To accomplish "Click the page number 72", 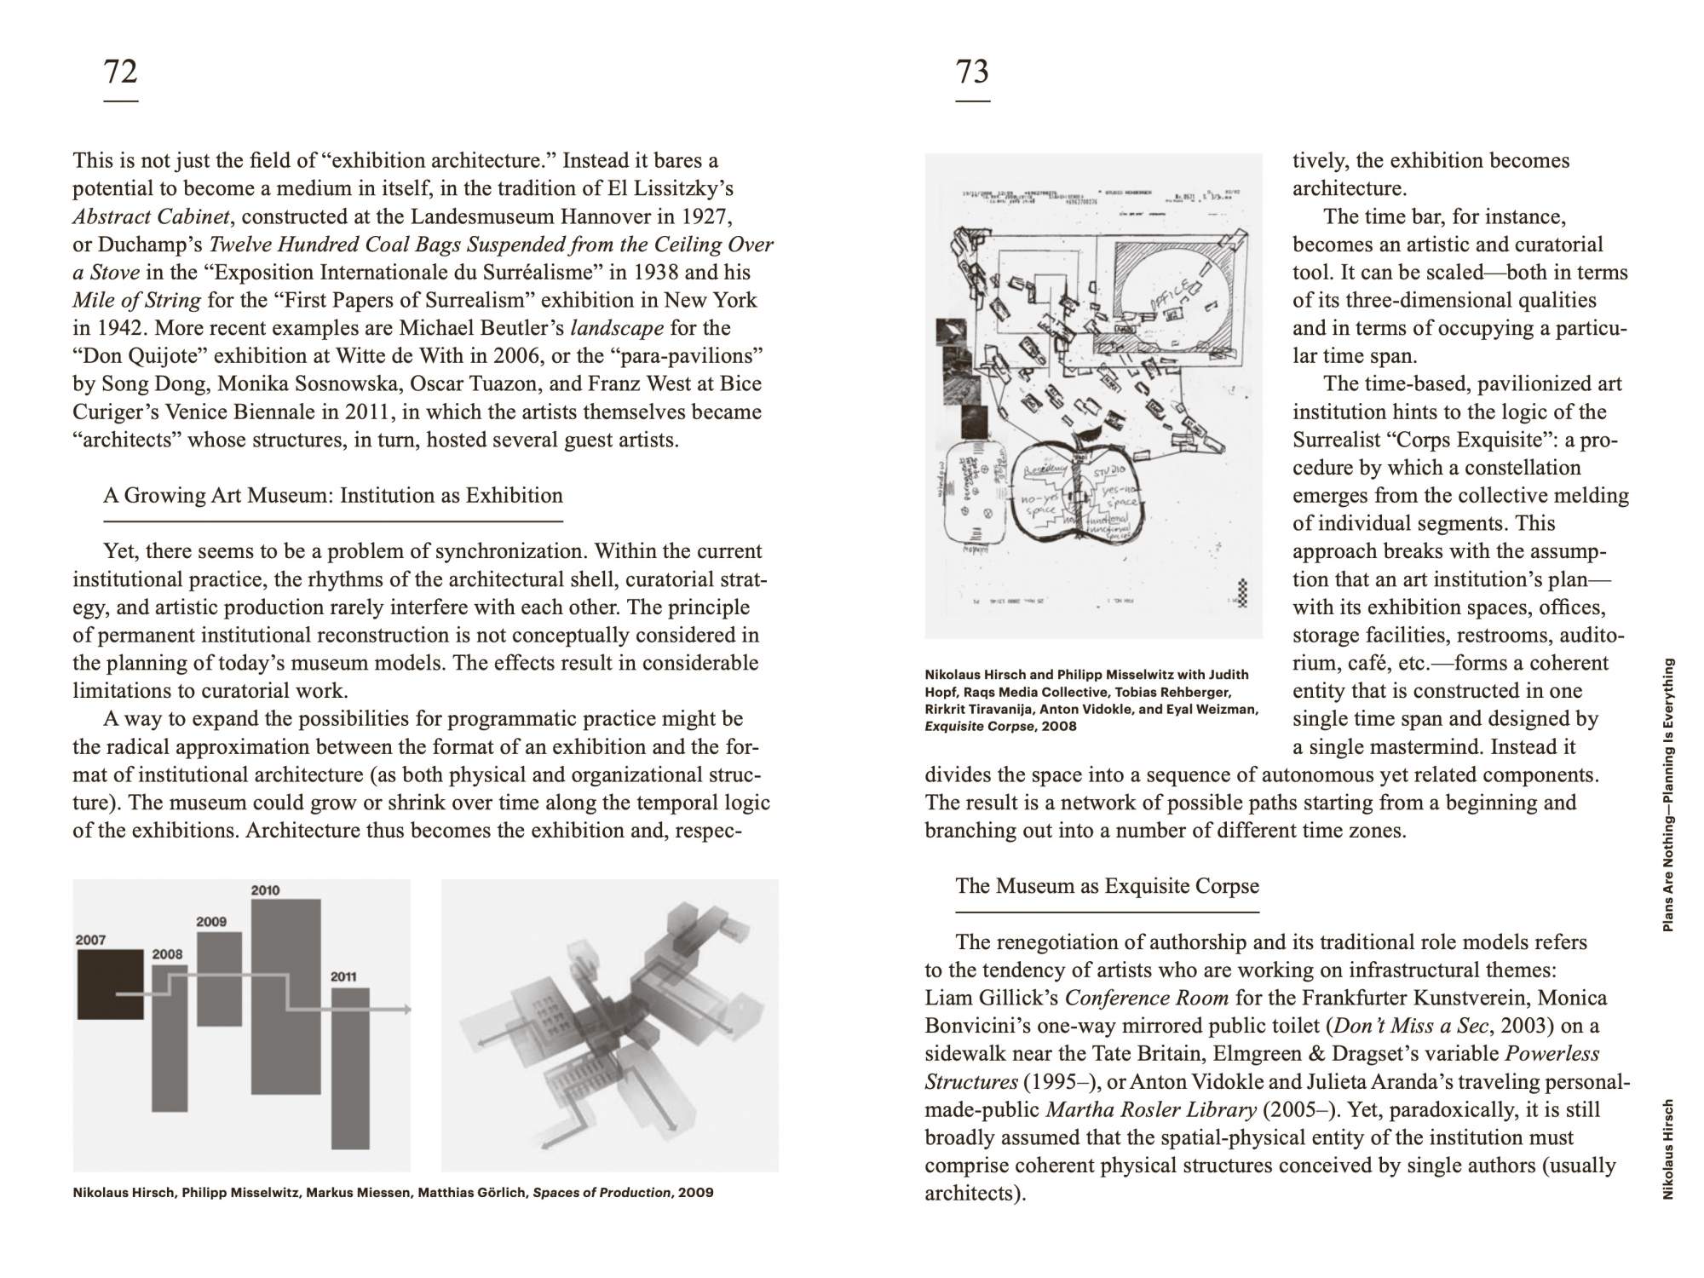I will (120, 72).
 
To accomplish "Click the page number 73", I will (972, 72).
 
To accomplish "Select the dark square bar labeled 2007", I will (110, 984).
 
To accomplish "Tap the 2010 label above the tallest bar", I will (265, 890).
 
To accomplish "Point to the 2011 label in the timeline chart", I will (343, 976).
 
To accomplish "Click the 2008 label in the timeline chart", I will (167, 954).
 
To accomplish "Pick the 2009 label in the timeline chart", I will (211, 921).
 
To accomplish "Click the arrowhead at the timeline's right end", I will (408, 1010).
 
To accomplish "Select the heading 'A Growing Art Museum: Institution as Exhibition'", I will (333, 496).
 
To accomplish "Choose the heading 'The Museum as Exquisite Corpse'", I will (1107, 886).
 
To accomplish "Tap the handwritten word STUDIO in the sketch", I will (1108, 470).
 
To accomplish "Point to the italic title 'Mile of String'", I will (137, 300).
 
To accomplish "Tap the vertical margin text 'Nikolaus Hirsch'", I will (1668, 1150).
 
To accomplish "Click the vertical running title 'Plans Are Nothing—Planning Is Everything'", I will (1668, 794).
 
